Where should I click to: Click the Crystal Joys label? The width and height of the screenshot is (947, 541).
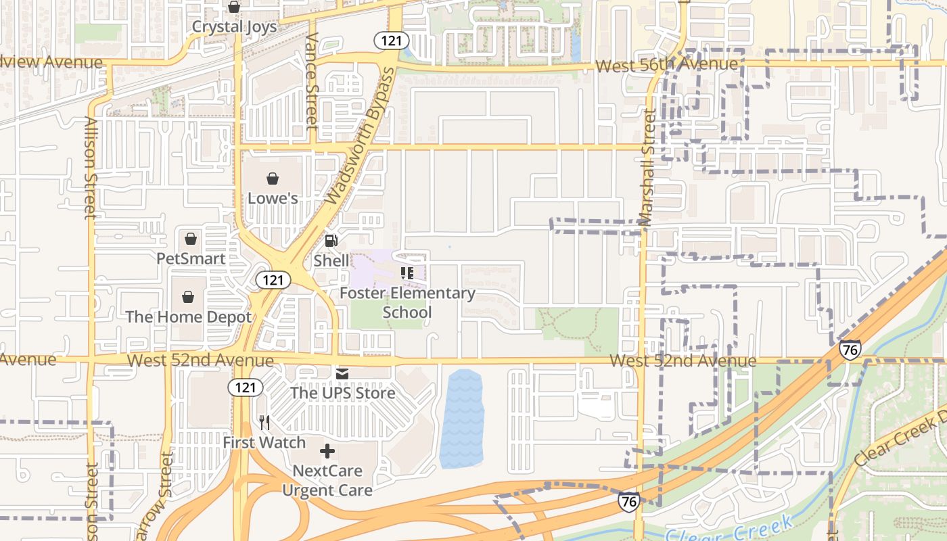[x=234, y=26]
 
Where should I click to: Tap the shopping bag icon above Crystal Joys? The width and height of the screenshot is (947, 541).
[x=234, y=7]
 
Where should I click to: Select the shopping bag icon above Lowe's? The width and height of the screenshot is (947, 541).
[x=273, y=179]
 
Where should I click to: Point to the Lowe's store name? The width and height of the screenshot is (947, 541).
[x=273, y=198]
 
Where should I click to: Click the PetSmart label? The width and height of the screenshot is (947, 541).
[x=191, y=258]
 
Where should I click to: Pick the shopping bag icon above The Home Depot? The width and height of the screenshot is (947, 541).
[x=189, y=297]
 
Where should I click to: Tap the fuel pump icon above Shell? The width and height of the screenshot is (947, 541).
[x=331, y=241]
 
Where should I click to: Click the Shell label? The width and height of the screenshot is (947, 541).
[x=331, y=260]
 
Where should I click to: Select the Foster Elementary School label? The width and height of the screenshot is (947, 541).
[x=407, y=302]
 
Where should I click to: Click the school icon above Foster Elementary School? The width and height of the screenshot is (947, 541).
[x=407, y=273]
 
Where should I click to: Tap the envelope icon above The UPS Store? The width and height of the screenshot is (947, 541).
[x=342, y=373]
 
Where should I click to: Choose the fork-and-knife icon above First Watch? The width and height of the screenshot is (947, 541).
[x=264, y=423]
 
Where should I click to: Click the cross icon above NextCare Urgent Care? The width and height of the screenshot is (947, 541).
[x=327, y=451]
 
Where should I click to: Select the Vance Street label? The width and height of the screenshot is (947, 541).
[x=312, y=81]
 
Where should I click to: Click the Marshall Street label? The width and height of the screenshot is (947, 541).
[x=647, y=166]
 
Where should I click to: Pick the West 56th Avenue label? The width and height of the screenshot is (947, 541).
[x=666, y=65]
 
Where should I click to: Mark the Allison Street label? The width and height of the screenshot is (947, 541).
[x=91, y=168]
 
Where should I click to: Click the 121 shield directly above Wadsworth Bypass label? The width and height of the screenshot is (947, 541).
[x=391, y=41]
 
